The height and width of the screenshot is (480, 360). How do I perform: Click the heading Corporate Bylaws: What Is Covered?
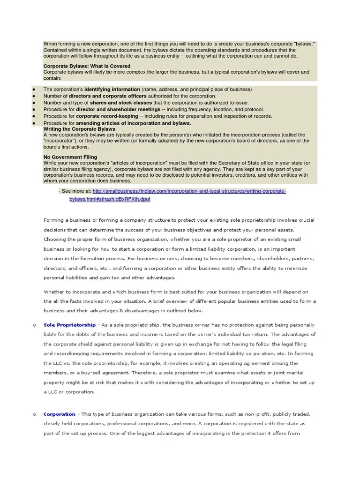point(87,66)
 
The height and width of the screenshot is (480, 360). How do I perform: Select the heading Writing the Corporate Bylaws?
point(79,128)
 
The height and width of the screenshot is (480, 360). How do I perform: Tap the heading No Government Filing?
point(70,157)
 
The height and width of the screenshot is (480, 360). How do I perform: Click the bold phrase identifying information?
point(112,89)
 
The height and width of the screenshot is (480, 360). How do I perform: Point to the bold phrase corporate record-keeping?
point(107,116)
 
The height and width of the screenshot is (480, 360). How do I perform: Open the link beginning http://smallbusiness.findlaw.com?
point(189,191)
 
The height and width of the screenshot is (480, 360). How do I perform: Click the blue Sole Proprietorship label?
point(69,325)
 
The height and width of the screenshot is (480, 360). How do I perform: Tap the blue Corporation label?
point(59,414)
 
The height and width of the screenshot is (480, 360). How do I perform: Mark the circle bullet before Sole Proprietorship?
point(34,325)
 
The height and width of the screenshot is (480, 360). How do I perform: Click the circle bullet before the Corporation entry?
point(34,414)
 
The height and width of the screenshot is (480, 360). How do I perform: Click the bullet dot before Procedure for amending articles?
point(34,123)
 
